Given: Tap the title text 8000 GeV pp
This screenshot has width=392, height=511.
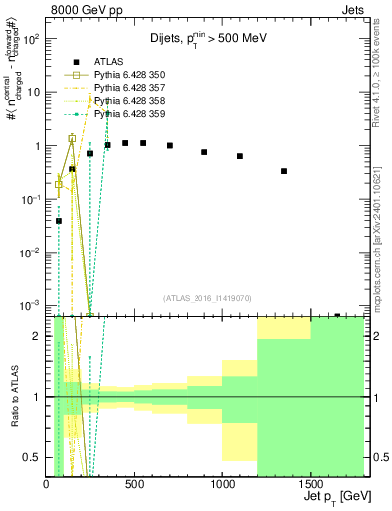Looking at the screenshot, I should pos(87,12).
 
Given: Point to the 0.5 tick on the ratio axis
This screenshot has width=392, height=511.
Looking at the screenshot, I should pos(34,457).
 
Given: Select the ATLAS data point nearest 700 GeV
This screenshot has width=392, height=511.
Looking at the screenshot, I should pos(170,145).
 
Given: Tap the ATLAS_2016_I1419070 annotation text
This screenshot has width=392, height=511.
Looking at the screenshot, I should pos(205,297).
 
